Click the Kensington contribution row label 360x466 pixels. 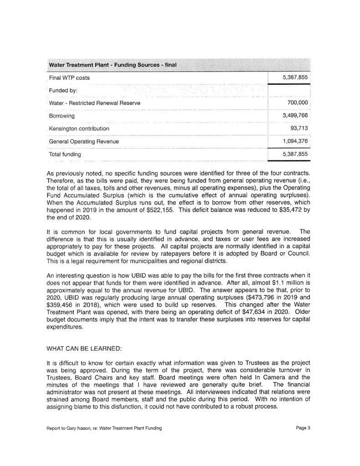click(x=79, y=128)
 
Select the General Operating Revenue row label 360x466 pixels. click(x=84, y=142)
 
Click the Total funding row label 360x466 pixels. click(x=65, y=154)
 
